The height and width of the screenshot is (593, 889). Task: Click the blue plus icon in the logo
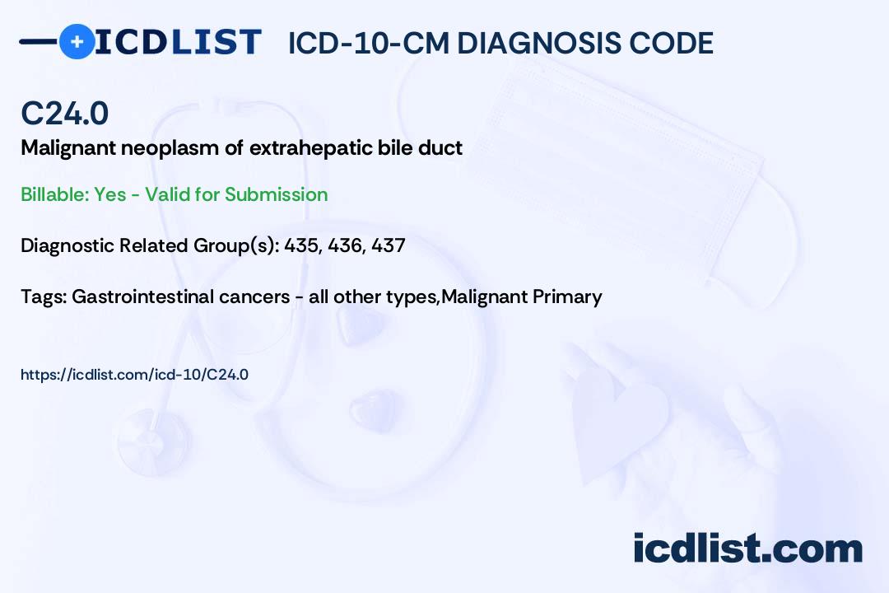[x=77, y=42]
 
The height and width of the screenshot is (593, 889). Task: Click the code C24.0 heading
[x=65, y=113]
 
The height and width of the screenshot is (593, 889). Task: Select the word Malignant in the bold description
[x=68, y=148]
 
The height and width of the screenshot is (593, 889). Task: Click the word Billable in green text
[x=54, y=194]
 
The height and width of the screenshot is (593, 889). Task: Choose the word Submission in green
[x=276, y=194]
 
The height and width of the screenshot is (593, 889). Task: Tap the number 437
[x=389, y=245]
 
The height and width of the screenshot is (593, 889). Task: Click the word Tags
[x=43, y=296]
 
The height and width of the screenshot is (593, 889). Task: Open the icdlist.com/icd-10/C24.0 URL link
[x=134, y=375]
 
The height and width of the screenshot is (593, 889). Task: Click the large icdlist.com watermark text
[x=747, y=548]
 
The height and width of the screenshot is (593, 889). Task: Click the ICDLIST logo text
[x=178, y=42]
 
